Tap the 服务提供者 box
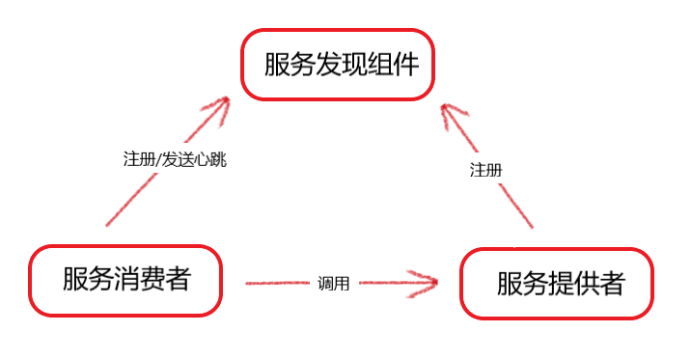[x=556, y=284]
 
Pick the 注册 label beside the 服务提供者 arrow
[x=485, y=170]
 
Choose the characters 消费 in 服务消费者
[x=125, y=280]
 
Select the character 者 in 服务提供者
[x=609, y=284]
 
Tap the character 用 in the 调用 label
[x=341, y=284]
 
